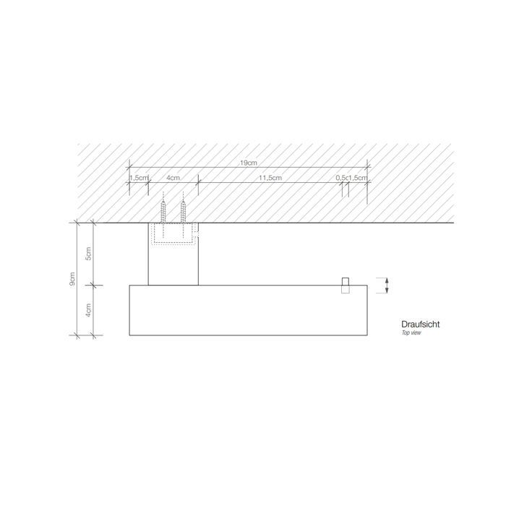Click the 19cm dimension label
(248, 163)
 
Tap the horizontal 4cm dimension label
(173, 177)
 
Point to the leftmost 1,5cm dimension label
(139, 177)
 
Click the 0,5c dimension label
(342, 177)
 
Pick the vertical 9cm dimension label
(72, 279)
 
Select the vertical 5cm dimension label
(88, 254)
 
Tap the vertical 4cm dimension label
(88, 310)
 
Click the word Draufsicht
(420, 325)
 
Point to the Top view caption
(411, 334)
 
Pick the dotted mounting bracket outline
(173, 236)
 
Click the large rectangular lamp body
(248, 310)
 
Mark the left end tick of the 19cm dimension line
(129, 168)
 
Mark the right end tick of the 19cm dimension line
(367, 168)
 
